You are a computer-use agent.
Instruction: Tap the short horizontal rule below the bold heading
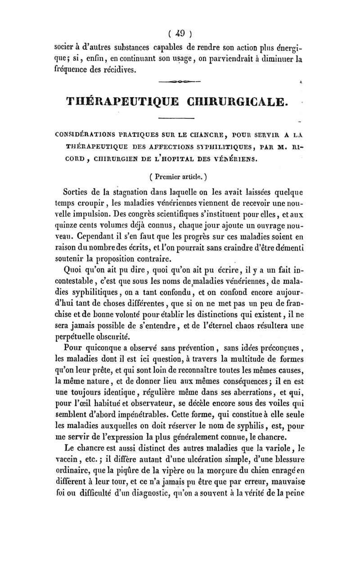point(177,117)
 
